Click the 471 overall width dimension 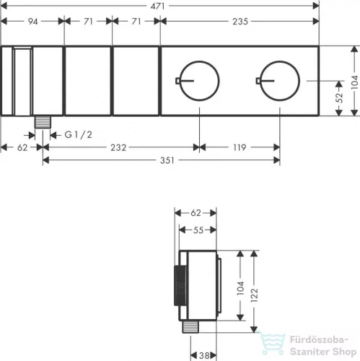click(x=157, y=6)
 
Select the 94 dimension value click(x=32, y=22)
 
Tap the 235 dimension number click(x=240, y=22)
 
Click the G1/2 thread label click(x=79, y=135)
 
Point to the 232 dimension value click(x=118, y=147)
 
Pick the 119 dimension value click(x=240, y=147)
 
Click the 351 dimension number click(x=167, y=160)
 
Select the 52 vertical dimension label click(x=339, y=97)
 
